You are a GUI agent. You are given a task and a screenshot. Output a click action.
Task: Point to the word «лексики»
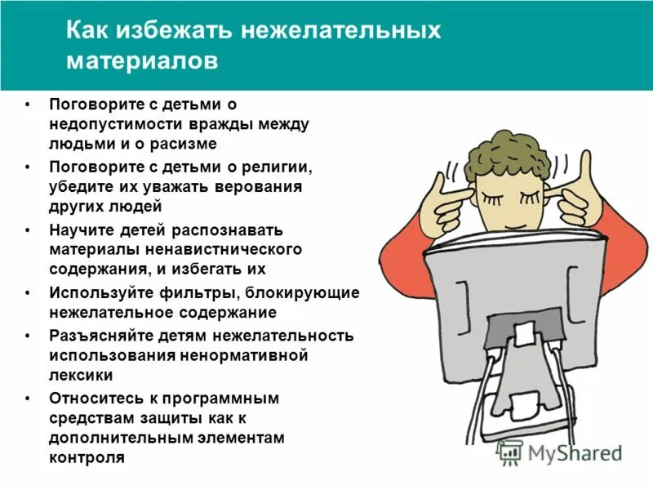click(x=80, y=375)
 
